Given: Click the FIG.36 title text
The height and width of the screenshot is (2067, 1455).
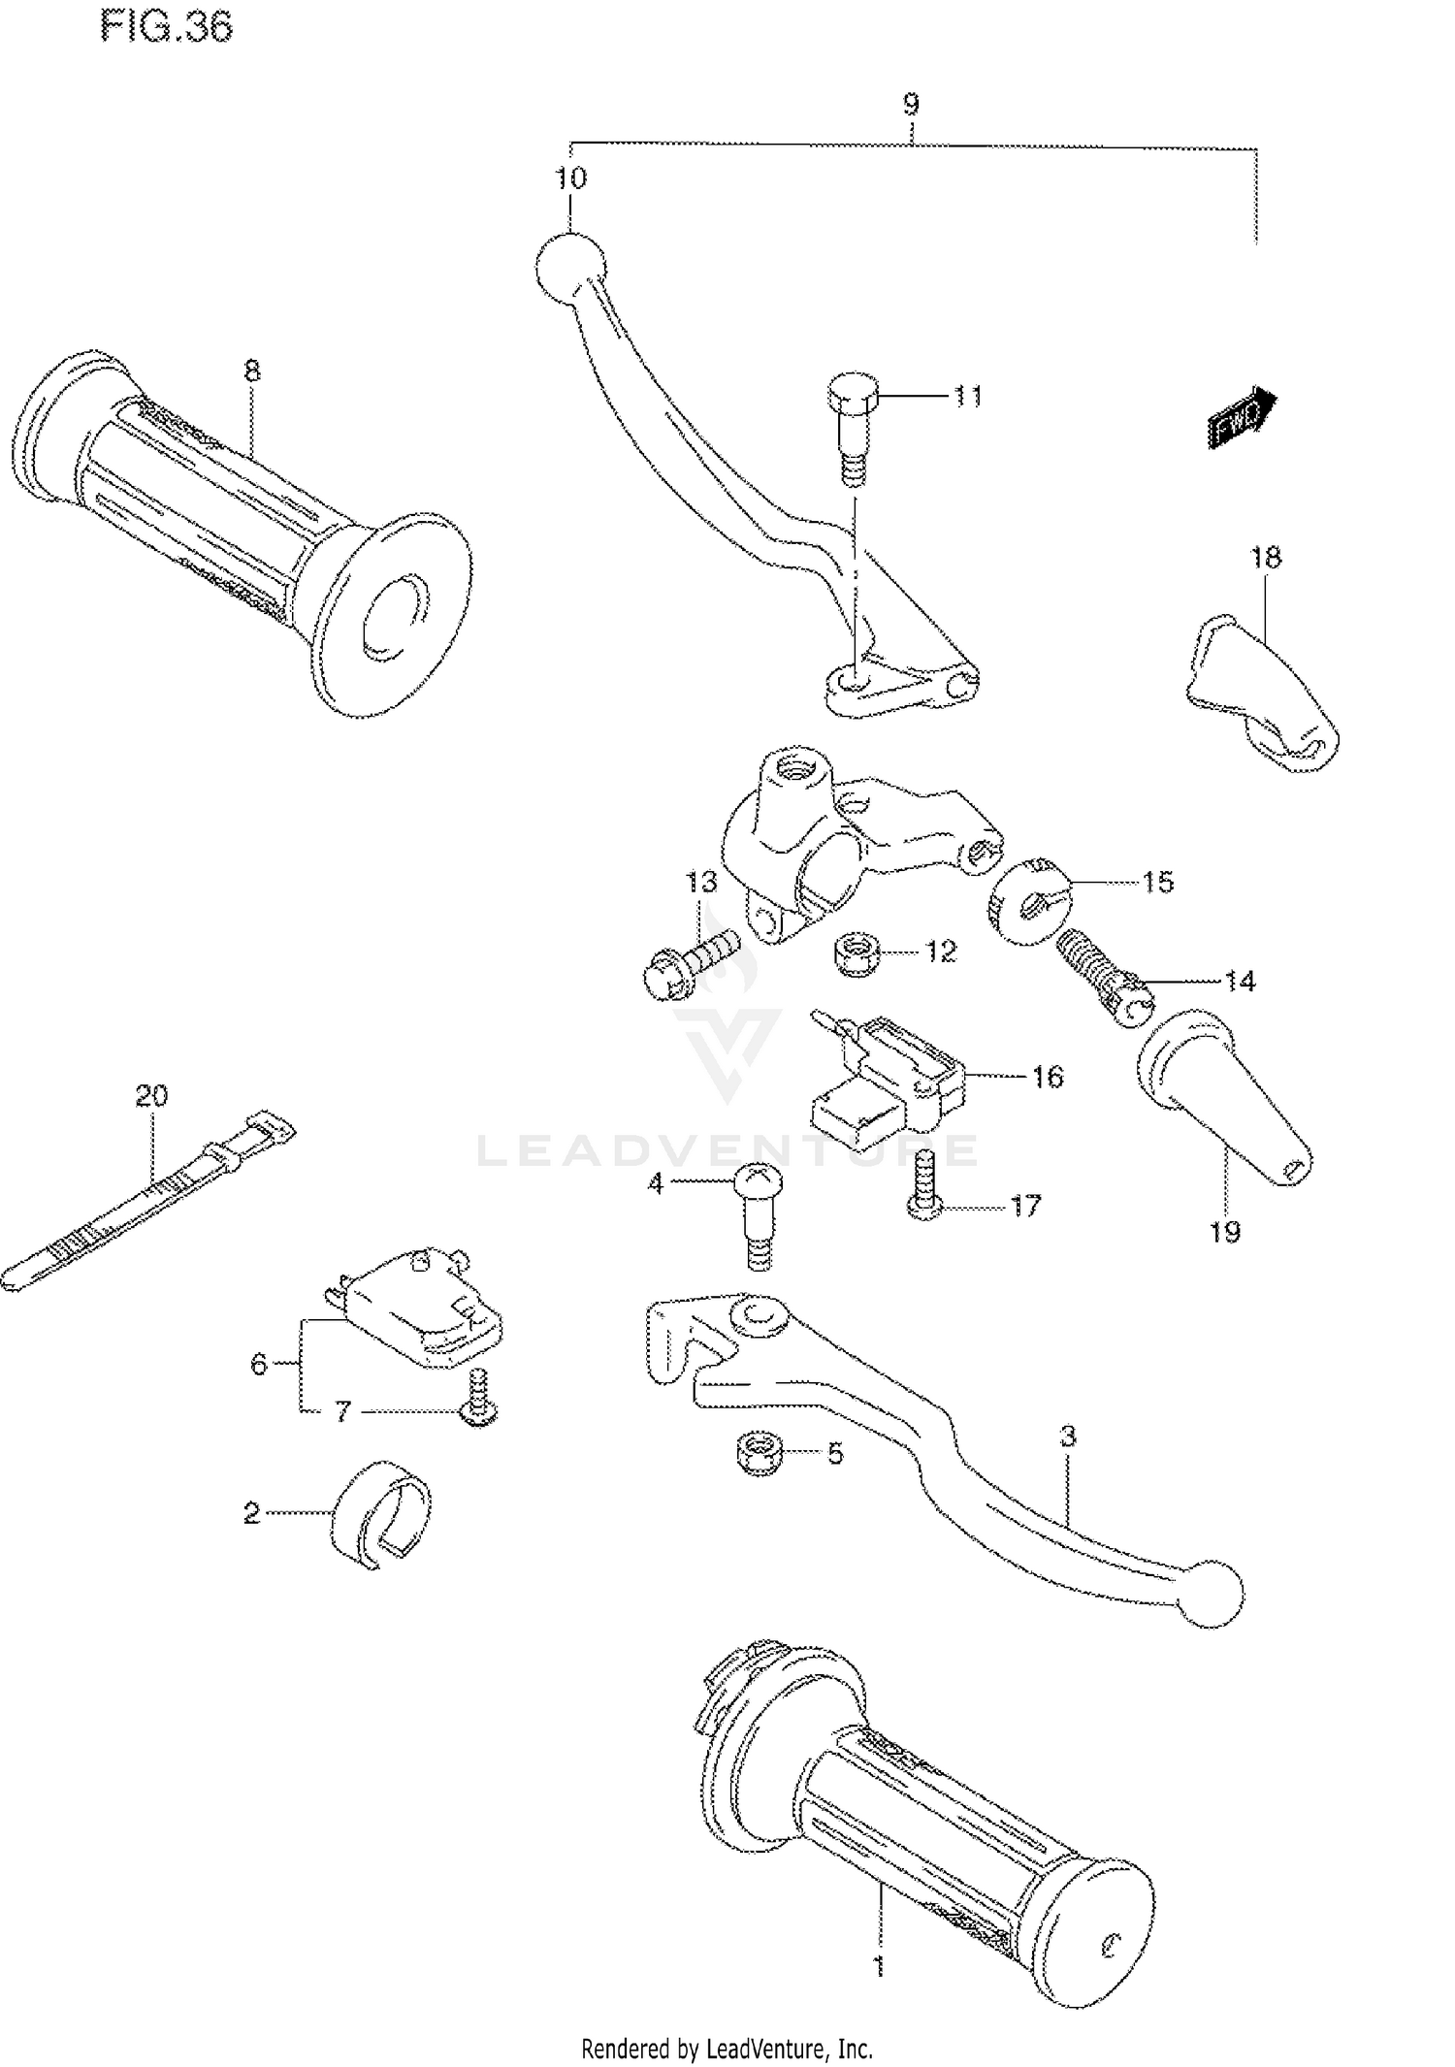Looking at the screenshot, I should click(x=166, y=27).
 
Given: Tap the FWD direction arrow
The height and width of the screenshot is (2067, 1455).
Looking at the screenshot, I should click(x=1242, y=416).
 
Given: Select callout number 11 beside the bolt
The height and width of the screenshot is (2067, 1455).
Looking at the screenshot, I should click(x=966, y=396).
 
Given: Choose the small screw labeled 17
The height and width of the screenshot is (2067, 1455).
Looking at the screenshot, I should click(x=923, y=1184).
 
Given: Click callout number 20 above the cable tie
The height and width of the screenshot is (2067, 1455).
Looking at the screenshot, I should click(x=151, y=1095).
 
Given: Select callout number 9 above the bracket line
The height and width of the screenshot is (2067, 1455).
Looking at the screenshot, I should click(x=910, y=104).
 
